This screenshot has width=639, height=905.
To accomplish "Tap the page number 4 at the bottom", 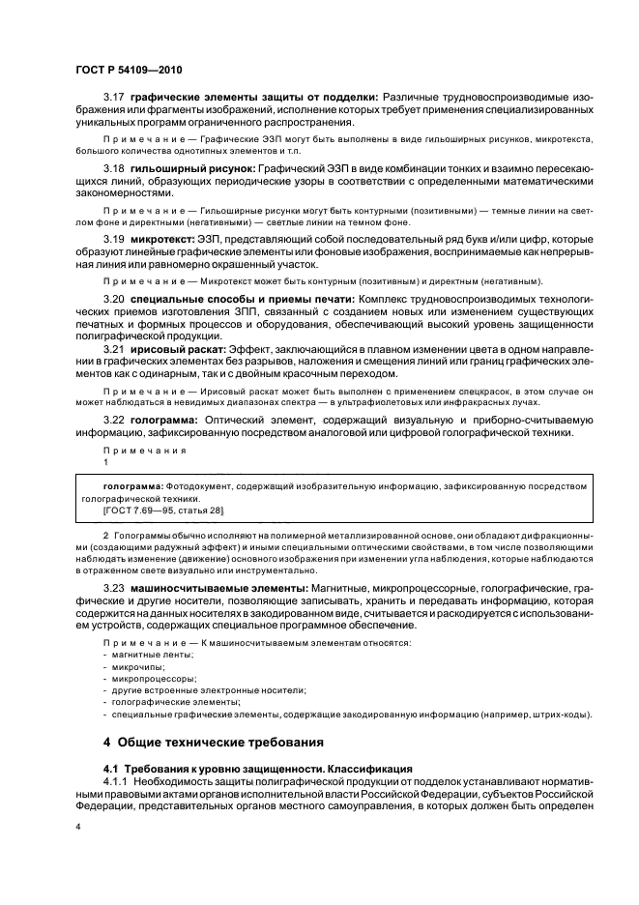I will tap(78, 827).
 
